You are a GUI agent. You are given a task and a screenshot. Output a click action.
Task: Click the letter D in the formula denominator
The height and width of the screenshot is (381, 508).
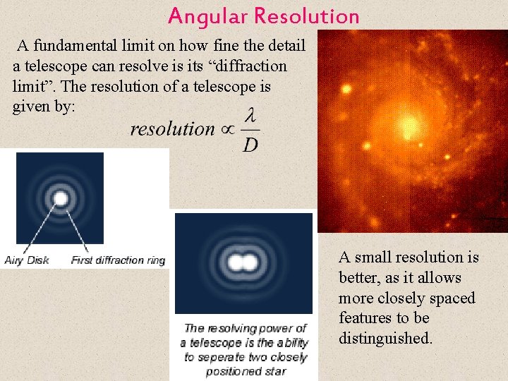pos(250,145)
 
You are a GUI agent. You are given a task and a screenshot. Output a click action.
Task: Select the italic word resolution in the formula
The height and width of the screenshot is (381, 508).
pos(172,129)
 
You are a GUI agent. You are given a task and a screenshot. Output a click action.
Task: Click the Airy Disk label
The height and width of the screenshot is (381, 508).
pos(27,260)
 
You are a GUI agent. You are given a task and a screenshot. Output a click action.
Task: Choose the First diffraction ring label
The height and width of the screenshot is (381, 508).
pos(118,260)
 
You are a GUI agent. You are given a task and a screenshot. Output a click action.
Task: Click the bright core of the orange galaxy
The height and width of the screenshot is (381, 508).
pos(406,128)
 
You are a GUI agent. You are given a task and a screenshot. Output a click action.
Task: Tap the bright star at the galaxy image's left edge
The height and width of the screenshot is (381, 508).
pos(346,90)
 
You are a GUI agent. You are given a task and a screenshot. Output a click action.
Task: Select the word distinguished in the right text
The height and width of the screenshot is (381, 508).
pos(385,339)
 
